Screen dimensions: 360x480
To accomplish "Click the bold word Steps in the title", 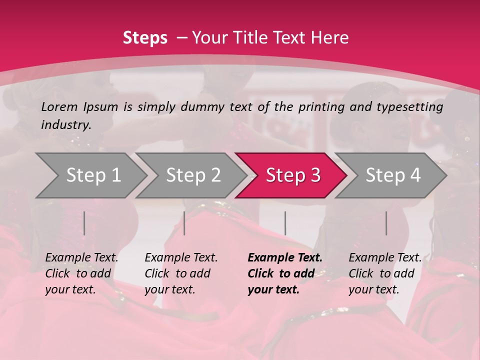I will [x=145, y=38].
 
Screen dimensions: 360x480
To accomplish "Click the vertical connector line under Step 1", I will [x=84, y=223].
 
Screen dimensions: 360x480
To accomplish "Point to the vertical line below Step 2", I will [x=184, y=223].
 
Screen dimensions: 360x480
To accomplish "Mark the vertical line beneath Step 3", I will [x=285, y=223].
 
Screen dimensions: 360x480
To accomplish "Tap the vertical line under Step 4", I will [x=386, y=223].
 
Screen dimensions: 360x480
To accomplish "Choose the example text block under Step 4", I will [x=385, y=273].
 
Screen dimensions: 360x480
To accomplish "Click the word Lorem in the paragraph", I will [x=59, y=106].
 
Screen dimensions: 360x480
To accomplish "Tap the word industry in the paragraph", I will [x=65, y=125].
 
